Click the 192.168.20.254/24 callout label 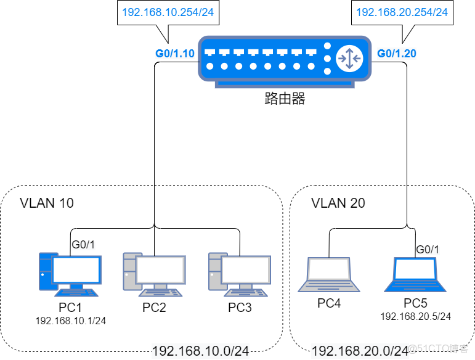pyautogui.click(x=402, y=12)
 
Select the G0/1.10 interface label pyautogui.click(x=175, y=54)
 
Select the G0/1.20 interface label pyautogui.click(x=396, y=54)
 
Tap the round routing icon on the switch pyautogui.click(x=349, y=58)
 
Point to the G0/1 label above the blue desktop pyautogui.click(x=84, y=245)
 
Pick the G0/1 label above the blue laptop pyautogui.click(x=428, y=250)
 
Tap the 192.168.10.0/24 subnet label pyautogui.click(x=200, y=351)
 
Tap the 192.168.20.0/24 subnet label pyautogui.click(x=360, y=351)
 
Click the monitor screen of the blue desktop pyautogui.click(x=76, y=269)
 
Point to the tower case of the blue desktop pyautogui.click(x=46, y=271)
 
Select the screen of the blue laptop pyautogui.click(x=415, y=269)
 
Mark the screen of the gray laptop pyautogui.click(x=329, y=269)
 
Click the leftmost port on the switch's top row pyautogui.click(x=210, y=53)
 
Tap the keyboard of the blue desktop pyautogui.click(x=76, y=293)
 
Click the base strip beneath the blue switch pyautogui.click(x=285, y=84)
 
